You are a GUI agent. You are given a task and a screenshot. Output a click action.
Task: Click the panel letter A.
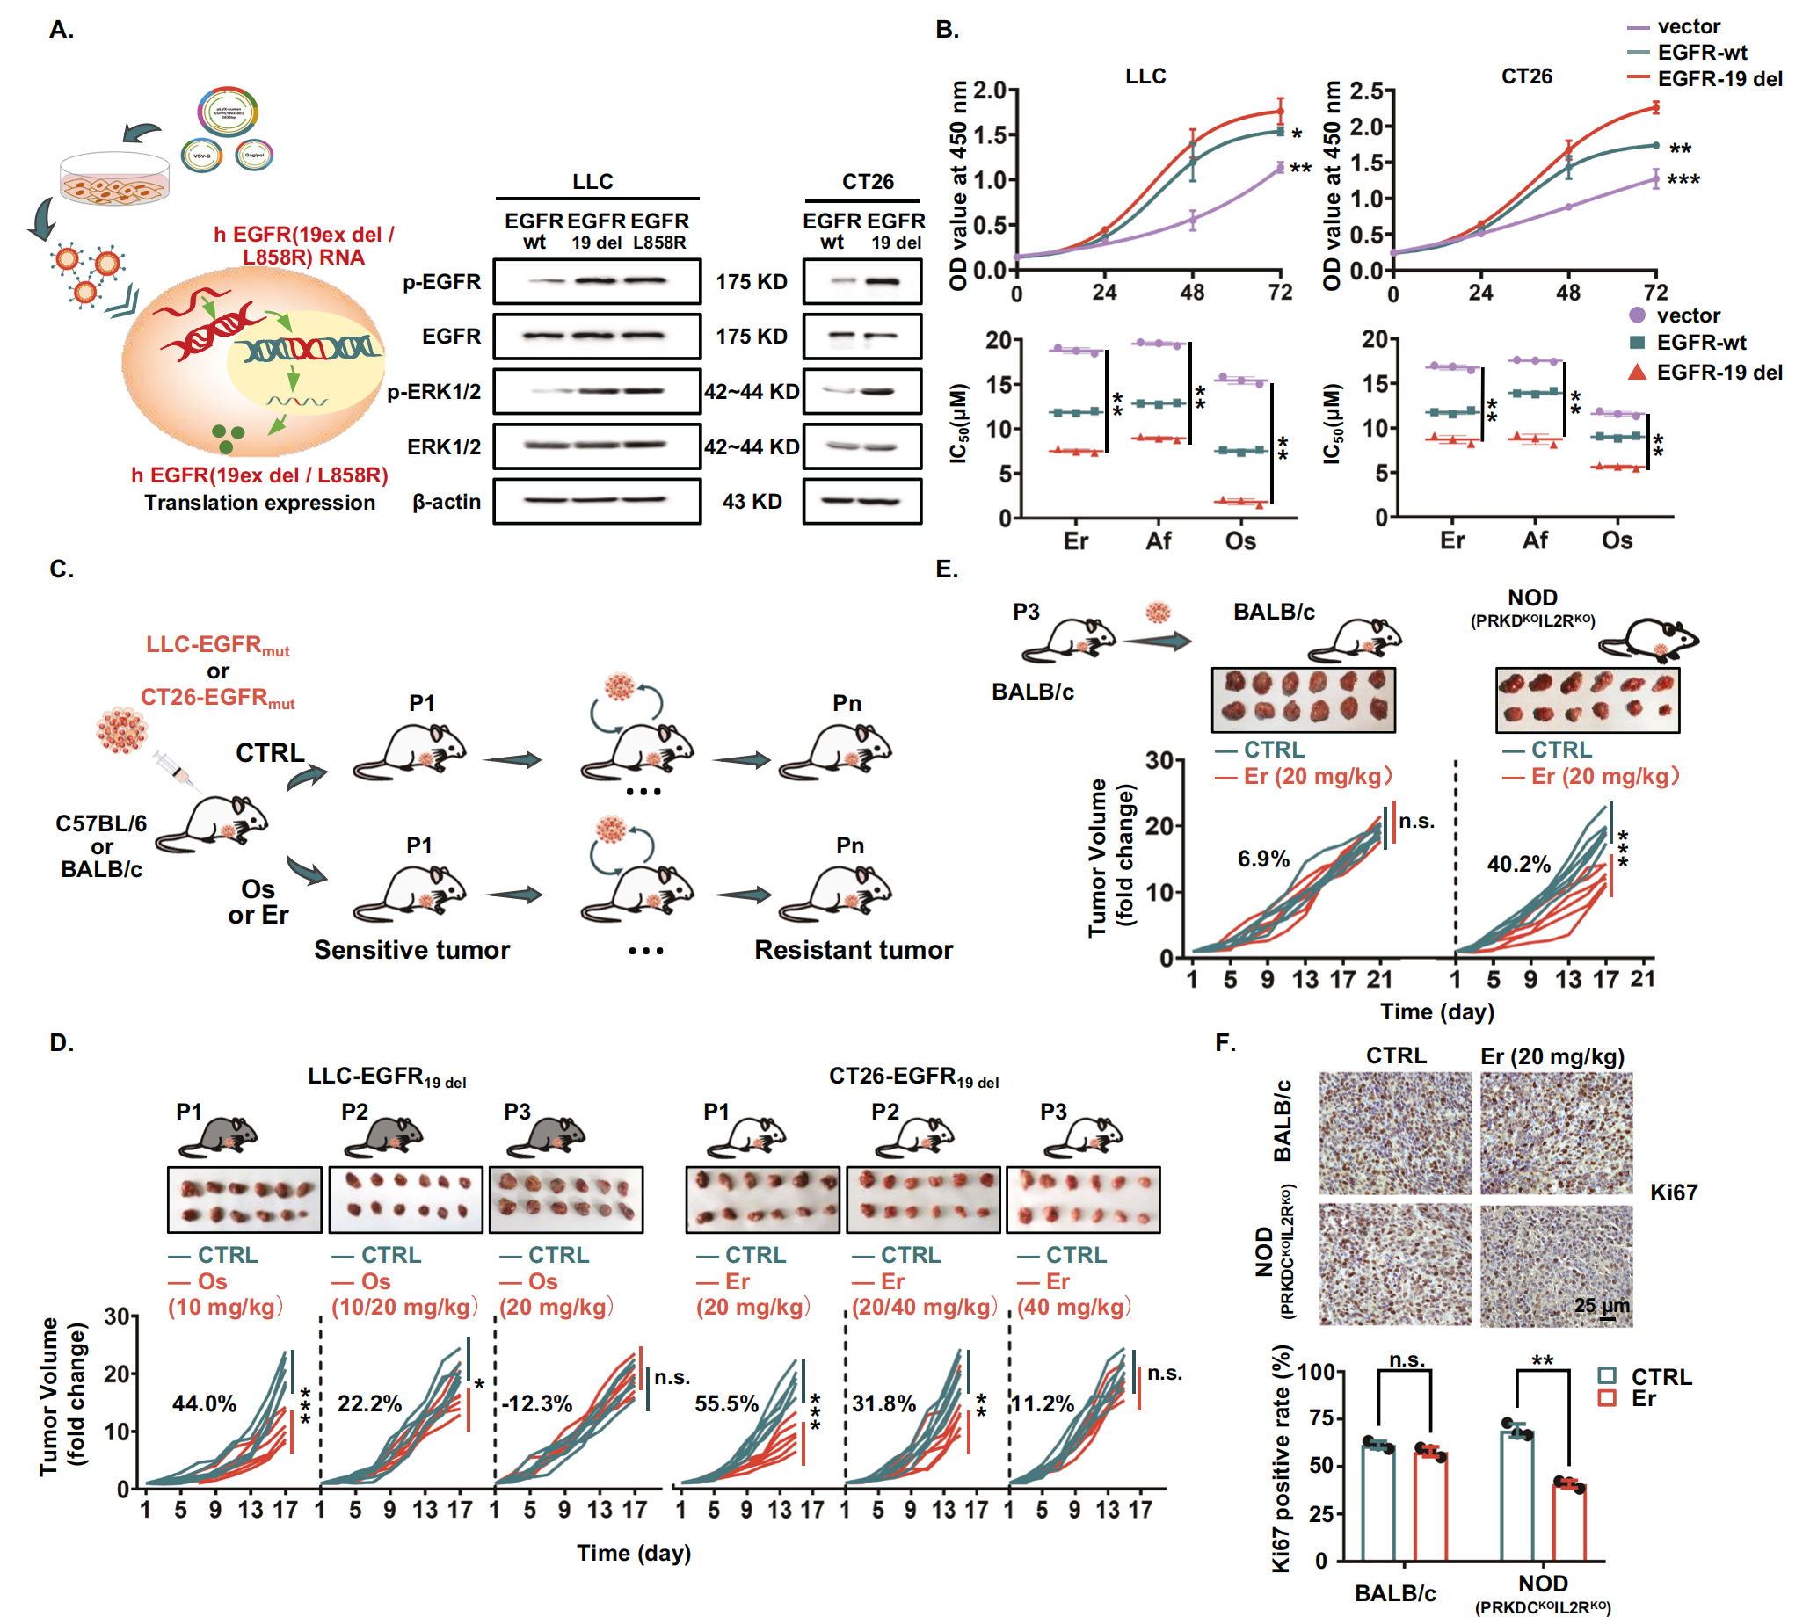pos(61,31)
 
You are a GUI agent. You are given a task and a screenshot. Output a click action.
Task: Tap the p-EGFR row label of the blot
pos(441,282)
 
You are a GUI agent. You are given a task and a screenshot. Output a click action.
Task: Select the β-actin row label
pos(447,502)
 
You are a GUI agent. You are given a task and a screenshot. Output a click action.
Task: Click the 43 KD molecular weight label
pos(752,502)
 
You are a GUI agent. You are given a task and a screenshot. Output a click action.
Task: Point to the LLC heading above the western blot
pos(592,181)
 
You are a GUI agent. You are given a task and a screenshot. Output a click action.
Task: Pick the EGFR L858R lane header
pos(659,230)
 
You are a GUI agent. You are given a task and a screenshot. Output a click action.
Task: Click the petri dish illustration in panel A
pos(113,178)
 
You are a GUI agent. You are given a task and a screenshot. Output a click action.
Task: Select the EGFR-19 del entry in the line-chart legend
pos(1719,78)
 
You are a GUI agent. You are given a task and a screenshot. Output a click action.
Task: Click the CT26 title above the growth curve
pos(1526,76)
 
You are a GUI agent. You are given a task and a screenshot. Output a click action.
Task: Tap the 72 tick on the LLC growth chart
pos(1280,293)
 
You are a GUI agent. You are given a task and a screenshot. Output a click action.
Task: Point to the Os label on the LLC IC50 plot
pos(1239,540)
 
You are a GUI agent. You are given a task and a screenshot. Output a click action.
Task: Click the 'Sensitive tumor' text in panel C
pos(411,949)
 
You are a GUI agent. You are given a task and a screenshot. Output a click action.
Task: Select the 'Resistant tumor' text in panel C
pos(854,949)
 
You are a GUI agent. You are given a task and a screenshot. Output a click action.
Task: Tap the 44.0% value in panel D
pos(205,1403)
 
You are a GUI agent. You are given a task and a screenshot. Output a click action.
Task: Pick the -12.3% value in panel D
pos(536,1403)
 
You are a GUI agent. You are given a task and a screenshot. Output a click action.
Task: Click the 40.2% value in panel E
pos(1518,864)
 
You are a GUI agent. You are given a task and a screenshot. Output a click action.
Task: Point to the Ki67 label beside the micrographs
pos(1674,1193)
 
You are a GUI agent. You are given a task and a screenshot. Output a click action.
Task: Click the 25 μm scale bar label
pos(1601,1306)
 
